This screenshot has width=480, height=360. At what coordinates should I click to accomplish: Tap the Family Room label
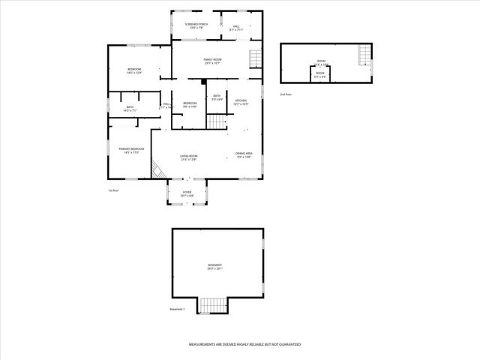point(212,61)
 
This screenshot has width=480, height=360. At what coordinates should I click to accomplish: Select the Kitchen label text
point(241,102)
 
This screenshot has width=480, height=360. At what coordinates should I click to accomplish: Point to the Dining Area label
point(244,155)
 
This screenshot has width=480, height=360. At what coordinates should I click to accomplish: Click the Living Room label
point(188,157)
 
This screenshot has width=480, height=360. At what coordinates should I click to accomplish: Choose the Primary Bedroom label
point(131,151)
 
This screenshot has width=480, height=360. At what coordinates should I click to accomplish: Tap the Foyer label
point(187,193)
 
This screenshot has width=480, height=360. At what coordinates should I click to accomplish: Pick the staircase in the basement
point(212,305)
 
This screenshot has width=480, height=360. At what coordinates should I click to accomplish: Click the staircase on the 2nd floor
point(364,54)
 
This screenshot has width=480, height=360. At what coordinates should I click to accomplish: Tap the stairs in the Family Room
point(255,58)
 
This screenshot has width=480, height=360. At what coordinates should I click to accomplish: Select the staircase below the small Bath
point(217,122)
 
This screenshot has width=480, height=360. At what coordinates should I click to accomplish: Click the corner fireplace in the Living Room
point(159,171)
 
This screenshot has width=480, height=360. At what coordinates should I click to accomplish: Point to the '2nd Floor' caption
point(285,95)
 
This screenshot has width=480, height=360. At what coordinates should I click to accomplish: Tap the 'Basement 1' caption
point(177,309)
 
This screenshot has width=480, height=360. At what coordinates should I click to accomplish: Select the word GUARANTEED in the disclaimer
point(289,343)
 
